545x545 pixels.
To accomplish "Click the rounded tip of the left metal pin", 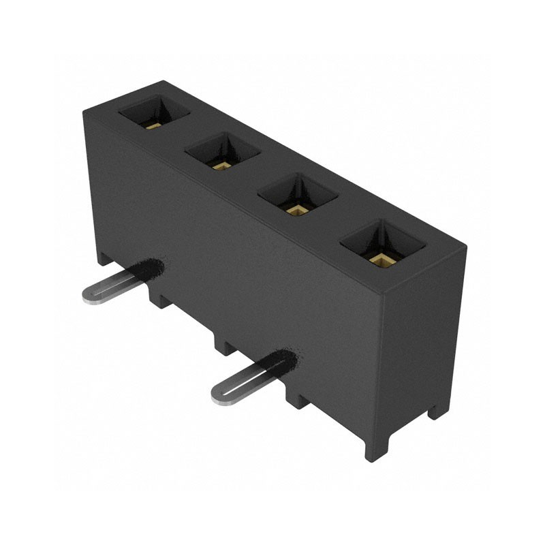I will (89, 295).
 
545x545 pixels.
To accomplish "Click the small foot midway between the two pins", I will (224, 344).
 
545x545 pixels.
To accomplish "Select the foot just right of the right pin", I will (297, 399).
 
